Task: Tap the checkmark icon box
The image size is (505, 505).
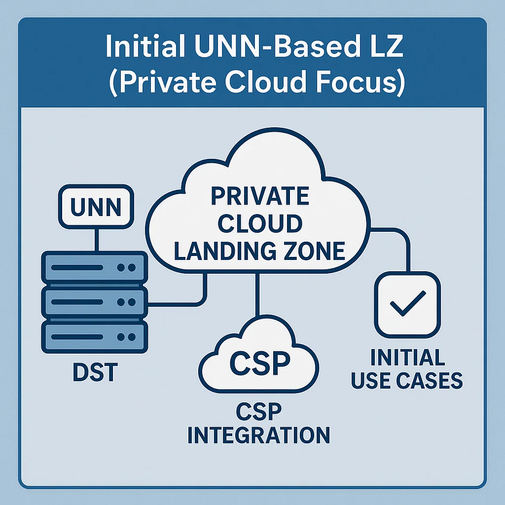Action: tap(407, 305)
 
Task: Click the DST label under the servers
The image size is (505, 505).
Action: tap(95, 373)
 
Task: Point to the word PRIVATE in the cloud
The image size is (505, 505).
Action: tap(260, 197)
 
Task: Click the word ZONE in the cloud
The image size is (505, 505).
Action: tap(312, 251)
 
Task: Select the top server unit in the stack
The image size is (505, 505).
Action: tap(94, 268)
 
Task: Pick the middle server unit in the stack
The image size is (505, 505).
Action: tap(94, 302)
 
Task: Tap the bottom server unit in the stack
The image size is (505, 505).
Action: tap(94, 337)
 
